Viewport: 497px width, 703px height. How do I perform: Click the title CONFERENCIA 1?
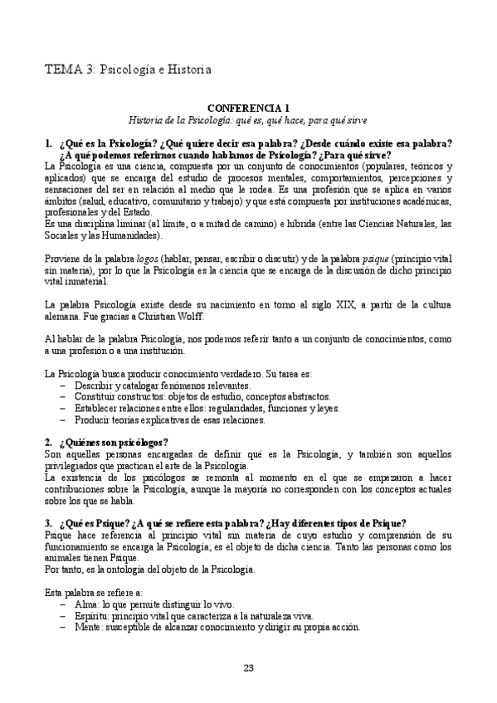(248, 108)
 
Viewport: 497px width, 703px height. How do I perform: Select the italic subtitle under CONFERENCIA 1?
(248, 120)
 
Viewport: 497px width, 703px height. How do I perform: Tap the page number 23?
(248, 668)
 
